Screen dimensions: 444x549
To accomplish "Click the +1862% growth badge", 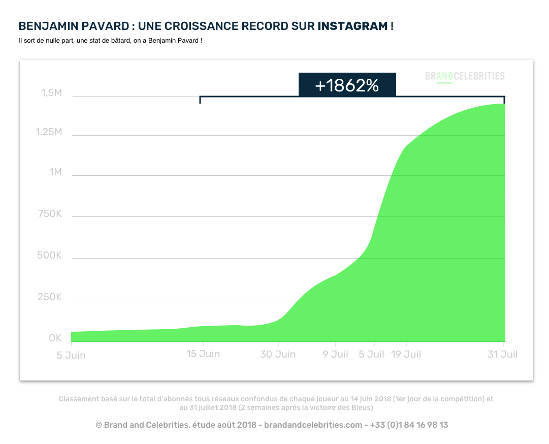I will [347, 85].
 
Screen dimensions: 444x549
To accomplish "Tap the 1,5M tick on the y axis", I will [51, 93].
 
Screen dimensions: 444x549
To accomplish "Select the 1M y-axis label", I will [55, 172].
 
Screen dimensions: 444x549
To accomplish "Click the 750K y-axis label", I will [49, 214].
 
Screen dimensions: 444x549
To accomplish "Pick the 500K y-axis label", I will [49, 255].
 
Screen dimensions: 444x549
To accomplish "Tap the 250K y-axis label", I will [49, 297].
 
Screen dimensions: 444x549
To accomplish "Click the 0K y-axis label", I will [55, 338].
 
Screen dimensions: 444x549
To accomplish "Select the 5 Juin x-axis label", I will [71, 355].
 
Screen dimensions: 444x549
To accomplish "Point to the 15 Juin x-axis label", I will [203, 354].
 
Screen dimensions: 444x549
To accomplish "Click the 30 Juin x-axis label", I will [278, 354].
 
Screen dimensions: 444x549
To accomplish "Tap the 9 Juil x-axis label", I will [335, 354].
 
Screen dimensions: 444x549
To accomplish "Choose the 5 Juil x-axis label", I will [371, 354].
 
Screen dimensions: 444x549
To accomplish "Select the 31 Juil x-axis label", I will [502, 354].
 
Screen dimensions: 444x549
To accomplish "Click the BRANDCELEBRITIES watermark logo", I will [465, 76].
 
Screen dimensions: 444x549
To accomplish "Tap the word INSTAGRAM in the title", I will [352, 26].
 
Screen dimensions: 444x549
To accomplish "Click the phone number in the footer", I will [409, 425].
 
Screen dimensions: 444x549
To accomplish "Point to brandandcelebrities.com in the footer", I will [313, 425].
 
